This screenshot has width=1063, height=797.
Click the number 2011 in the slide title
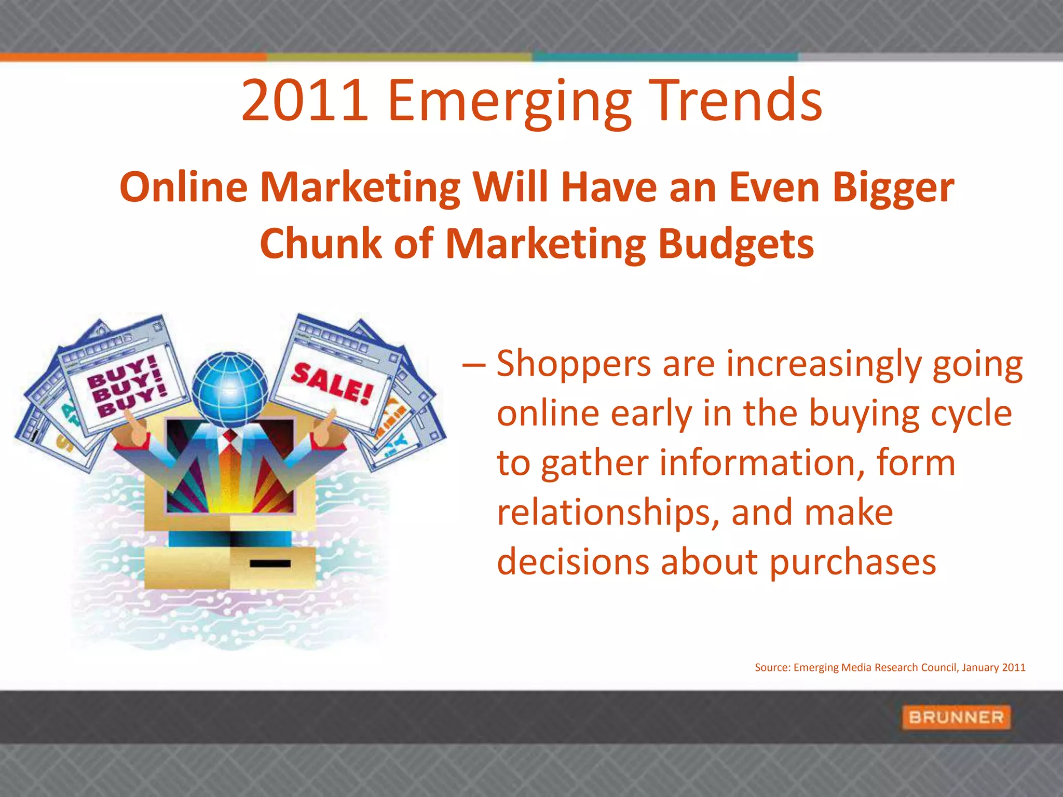(305, 100)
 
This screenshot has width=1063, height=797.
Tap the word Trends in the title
(737, 100)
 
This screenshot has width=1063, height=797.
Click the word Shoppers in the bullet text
(574, 364)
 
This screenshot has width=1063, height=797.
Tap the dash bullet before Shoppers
(473, 365)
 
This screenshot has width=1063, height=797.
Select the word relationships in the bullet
(608, 513)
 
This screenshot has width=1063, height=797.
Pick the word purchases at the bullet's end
(853, 562)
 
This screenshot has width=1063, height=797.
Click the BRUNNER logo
(956, 718)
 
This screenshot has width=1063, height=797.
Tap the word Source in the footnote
(771, 668)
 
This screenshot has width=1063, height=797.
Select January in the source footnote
(980, 668)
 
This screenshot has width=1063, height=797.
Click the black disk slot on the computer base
(270, 564)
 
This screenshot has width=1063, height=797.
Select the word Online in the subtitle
(184, 188)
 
